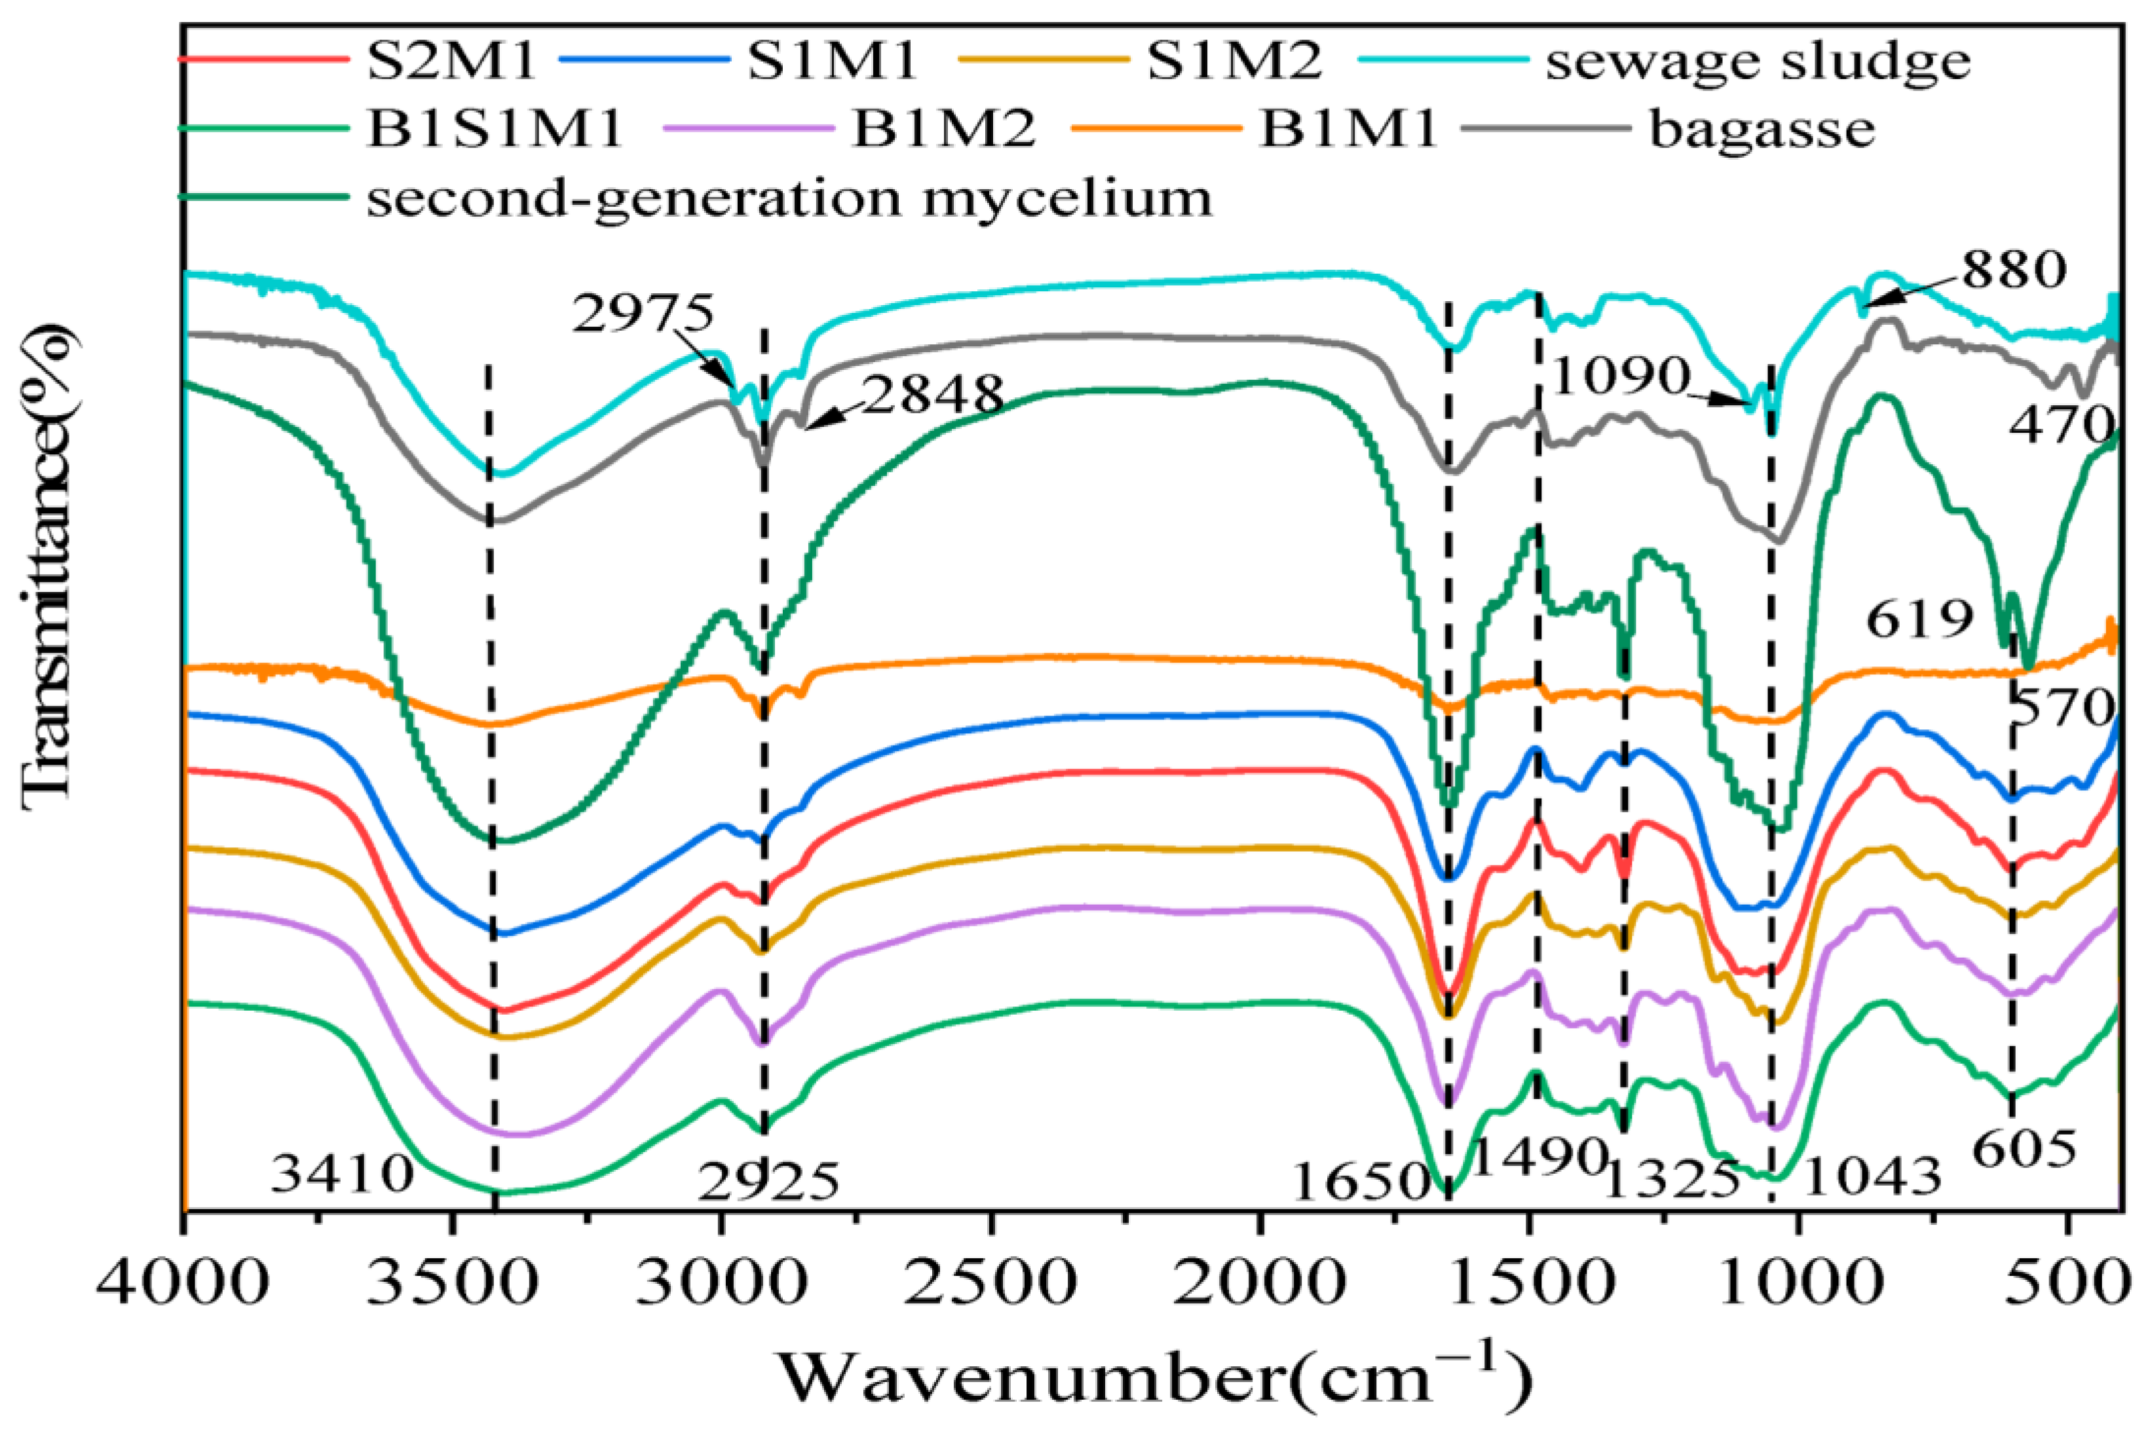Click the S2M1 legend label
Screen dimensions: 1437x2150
click(451, 62)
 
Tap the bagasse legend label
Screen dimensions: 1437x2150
click(1762, 129)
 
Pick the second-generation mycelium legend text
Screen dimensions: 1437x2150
click(789, 198)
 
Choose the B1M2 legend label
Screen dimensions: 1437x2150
click(945, 129)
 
